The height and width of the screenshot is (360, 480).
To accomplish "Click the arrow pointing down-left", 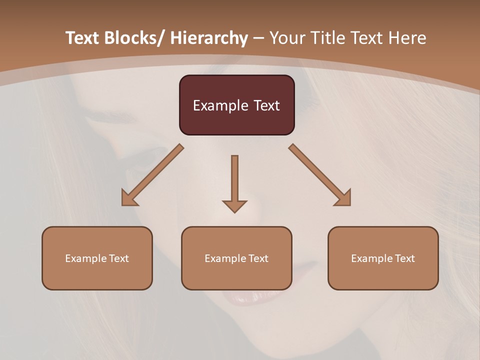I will pos(152,175).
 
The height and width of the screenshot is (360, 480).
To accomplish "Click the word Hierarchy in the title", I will pos(208,38).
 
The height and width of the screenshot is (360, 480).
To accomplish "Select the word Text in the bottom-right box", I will pos(404,258).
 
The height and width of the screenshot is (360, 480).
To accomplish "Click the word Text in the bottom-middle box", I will pos(257,258).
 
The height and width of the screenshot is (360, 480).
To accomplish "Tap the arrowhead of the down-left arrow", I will pos(129,198).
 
